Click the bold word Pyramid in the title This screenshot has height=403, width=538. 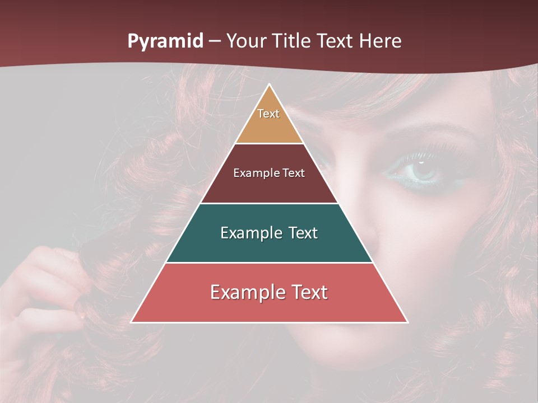tap(165, 41)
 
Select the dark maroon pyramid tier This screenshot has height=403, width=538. tap(269, 188)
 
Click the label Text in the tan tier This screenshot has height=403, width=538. tap(268, 114)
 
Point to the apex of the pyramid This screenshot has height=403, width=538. tap(270, 85)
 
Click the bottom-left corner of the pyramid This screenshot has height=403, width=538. tap(132, 322)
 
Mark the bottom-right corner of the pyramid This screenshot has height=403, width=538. tap(407, 322)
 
